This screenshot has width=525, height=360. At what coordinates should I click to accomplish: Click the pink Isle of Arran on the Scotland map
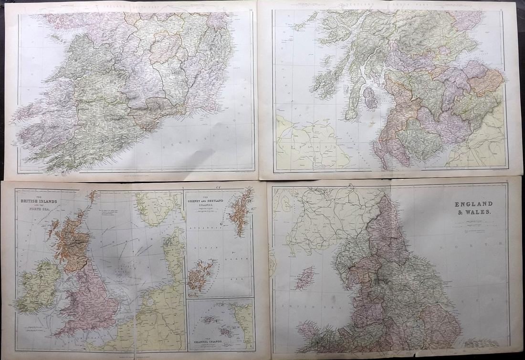(369, 97)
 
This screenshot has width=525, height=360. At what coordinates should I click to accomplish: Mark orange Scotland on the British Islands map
(72, 241)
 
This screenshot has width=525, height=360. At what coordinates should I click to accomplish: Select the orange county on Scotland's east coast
(486, 81)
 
